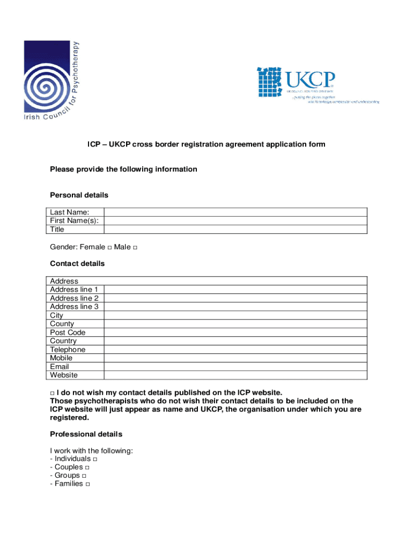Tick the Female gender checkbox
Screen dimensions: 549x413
tap(109, 248)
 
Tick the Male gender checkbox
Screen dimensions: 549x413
tap(135, 248)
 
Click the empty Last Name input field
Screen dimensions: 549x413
tap(235, 212)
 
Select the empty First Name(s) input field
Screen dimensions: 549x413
tap(235, 221)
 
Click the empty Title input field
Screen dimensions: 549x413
tap(235, 229)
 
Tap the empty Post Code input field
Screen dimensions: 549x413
tap(235, 332)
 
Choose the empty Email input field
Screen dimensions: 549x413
tap(235, 367)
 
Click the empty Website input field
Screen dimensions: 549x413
tap(235, 375)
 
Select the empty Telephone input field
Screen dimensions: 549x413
tap(235, 350)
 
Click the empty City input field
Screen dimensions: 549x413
tap(235, 315)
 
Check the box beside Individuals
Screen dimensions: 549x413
tap(95, 459)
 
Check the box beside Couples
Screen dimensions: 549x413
tap(87, 468)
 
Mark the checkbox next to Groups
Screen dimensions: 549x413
tap(84, 476)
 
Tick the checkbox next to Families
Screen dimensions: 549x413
tap(87, 484)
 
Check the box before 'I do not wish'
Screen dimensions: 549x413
tap(52, 393)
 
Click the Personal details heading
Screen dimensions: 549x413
tap(79, 195)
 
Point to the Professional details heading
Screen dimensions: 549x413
tap(86, 434)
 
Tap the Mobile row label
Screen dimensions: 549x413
tap(61, 358)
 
